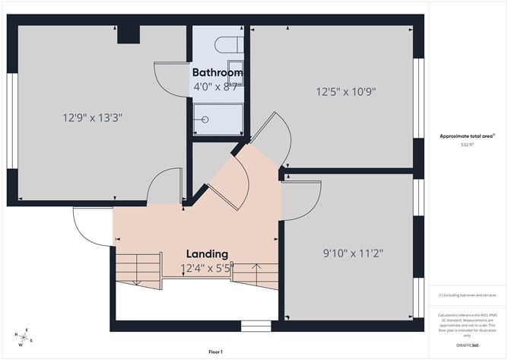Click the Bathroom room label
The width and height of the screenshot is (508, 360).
217,73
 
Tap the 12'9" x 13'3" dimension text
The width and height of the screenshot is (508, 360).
93,118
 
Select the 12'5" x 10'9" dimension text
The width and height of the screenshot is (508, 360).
346,92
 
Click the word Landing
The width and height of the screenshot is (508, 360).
207,253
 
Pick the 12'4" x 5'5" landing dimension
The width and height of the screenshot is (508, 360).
207,268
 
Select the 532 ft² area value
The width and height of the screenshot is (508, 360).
466,144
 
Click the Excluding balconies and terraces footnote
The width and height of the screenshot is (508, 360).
466,295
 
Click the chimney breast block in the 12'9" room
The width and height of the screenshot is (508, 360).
128,35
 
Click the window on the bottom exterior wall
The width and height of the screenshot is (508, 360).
256,327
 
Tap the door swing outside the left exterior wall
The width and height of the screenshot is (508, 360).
90,226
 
